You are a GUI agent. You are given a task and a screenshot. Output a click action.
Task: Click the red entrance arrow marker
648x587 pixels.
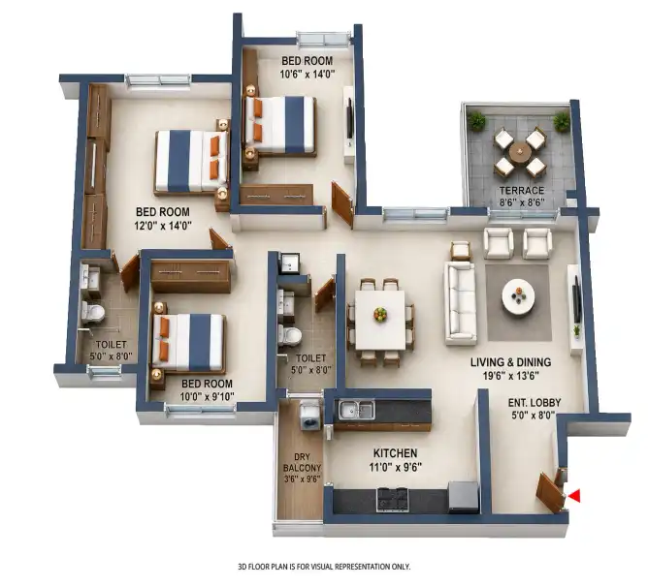click(x=574, y=496)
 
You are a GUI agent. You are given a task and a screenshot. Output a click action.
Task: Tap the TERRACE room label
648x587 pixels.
click(x=522, y=191)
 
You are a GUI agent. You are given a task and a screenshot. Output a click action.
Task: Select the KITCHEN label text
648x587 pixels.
click(x=395, y=453)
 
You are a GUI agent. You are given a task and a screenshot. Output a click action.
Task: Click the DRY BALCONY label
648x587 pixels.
click(x=302, y=463)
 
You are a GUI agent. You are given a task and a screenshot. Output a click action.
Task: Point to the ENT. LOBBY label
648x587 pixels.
click(x=535, y=403)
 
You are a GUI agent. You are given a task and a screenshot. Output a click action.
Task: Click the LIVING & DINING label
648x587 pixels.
click(x=511, y=362)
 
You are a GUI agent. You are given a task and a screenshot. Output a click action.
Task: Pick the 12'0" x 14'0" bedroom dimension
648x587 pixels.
click(x=163, y=226)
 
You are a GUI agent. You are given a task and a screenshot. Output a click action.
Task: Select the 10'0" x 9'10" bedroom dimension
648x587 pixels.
click(x=207, y=397)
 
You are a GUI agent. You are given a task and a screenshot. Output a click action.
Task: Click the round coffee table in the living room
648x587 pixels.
click(x=518, y=294)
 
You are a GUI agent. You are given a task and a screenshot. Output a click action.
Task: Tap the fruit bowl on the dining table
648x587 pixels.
click(x=380, y=314)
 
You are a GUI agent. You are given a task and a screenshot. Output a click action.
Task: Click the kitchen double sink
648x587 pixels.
click(x=357, y=410)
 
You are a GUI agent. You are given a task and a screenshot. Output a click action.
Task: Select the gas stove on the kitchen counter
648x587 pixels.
click(x=392, y=499)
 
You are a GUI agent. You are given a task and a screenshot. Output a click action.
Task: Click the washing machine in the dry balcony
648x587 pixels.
click(x=310, y=416)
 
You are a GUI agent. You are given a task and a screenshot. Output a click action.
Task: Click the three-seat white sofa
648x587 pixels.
click(x=461, y=302)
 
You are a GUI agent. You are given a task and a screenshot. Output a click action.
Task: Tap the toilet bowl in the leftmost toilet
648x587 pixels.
click(x=93, y=312)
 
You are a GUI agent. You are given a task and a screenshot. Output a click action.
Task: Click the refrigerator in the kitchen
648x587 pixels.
click(x=463, y=497)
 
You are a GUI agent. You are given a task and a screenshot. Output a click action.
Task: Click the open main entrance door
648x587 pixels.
click(x=550, y=492)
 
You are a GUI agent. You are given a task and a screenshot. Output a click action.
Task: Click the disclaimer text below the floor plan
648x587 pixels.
click(x=324, y=567)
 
